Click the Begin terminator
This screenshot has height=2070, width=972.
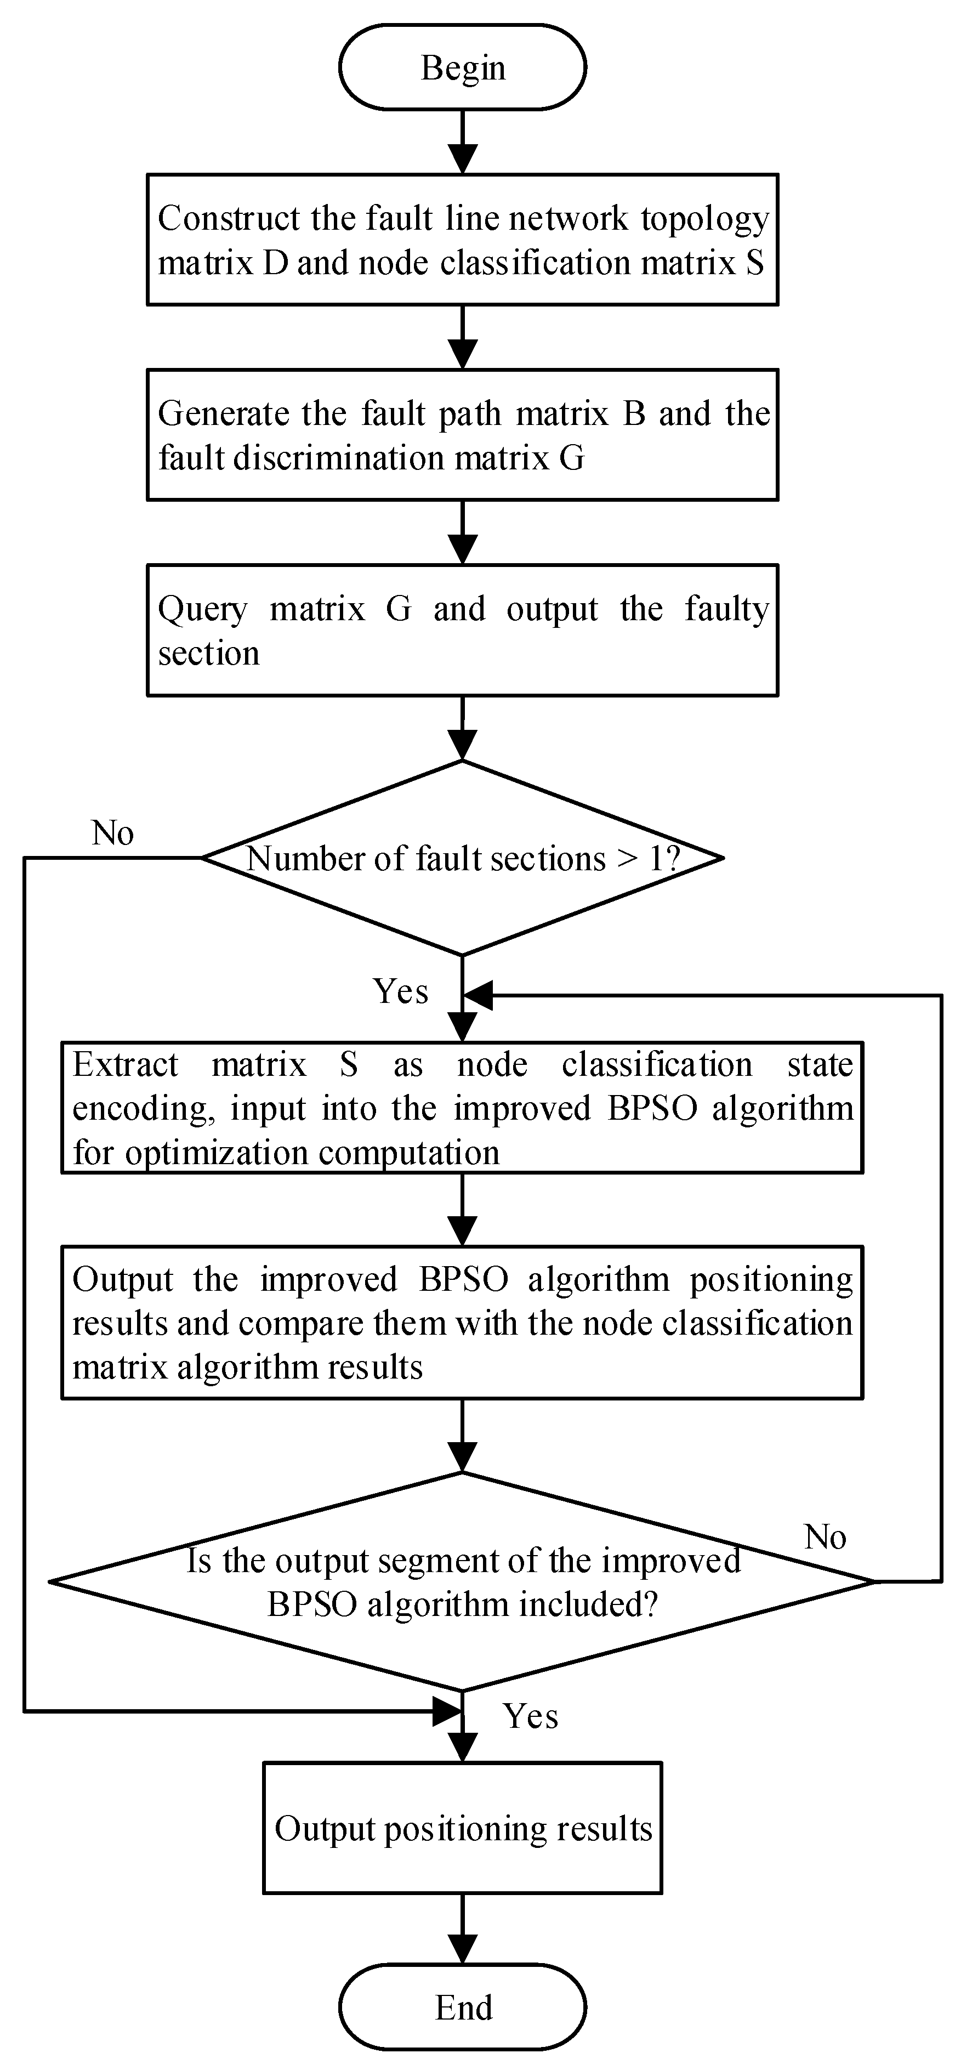(462, 67)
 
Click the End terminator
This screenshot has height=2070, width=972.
(462, 2006)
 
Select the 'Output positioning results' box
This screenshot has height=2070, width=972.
(462, 1828)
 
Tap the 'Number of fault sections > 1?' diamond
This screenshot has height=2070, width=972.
(462, 858)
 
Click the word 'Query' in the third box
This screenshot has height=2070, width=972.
(202, 610)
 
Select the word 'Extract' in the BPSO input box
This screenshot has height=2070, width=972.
(126, 1065)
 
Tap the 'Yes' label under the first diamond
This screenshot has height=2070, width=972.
(400, 991)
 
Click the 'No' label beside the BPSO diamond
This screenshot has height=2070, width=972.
(825, 1536)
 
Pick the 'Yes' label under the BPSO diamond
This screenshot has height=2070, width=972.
(530, 1716)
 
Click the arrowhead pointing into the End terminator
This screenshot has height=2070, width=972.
(462, 1950)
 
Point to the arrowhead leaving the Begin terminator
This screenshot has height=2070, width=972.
(462, 159)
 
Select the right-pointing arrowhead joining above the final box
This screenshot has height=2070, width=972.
(447, 1711)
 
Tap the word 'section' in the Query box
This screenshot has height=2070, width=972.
(209, 653)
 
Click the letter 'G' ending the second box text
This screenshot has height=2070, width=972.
(571, 458)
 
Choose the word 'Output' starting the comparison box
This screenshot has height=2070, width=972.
(123, 1279)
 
